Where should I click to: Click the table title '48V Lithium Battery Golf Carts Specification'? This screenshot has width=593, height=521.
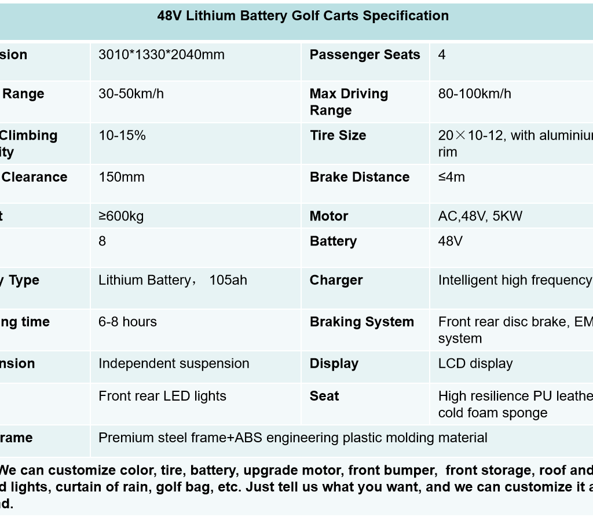(x=303, y=16)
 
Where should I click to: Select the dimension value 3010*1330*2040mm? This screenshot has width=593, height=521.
(x=162, y=55)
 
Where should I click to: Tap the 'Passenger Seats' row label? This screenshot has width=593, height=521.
(x=365, y=55)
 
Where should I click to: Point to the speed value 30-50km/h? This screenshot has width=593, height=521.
(x=131, y=94)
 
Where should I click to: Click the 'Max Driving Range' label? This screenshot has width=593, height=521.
(x=349, y=102)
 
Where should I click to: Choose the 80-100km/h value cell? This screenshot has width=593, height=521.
(x=475, y=94)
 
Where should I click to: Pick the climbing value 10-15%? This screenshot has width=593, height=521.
(x=122, y=135)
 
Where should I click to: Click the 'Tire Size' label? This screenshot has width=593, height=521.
(x=338, y=135)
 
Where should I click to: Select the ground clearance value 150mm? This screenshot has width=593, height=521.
(x=122, y=177)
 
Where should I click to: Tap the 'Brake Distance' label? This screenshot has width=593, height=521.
(x=360, y=177)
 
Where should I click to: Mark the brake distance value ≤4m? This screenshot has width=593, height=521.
(x=452, y=177)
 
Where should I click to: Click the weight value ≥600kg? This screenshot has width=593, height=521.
(x=121, y=217)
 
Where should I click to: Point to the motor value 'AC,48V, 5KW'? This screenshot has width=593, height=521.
(x=480, y=217)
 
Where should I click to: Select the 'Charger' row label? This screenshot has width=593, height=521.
(x=336, y=280)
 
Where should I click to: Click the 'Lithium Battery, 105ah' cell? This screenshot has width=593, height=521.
(x=173, y=280)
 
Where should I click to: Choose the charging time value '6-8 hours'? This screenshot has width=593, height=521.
(x=127, y=322)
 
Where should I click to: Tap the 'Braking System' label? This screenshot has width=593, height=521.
(x=362, y=322)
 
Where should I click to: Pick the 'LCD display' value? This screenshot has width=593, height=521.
(x=475, y=364)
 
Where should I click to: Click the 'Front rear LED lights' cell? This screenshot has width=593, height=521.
(x=162, y=396)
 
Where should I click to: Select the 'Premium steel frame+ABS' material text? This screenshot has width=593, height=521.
(x=292, y=438)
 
